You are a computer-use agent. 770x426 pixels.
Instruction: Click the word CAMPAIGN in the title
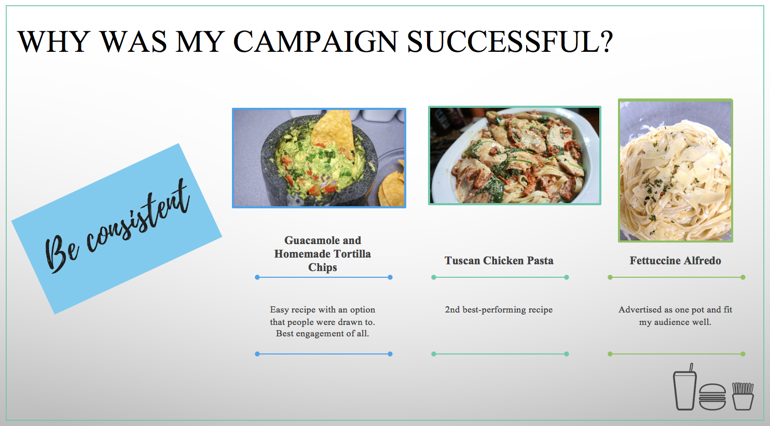315,41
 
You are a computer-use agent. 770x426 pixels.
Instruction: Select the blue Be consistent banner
117,229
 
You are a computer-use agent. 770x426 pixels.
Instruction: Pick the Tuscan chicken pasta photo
515,155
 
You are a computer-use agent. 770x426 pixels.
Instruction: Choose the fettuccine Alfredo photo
676,171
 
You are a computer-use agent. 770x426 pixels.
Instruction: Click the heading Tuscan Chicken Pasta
499,261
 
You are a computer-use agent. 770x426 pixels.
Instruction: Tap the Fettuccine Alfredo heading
675,261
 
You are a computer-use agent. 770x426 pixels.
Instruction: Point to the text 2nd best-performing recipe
499,309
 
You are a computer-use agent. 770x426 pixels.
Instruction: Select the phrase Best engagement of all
322,334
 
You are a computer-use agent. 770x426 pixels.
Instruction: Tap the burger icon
712,397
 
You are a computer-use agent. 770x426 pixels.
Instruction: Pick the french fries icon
743,396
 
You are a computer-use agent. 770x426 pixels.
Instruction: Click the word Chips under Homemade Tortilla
322,267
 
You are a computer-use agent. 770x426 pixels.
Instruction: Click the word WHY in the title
53,41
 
